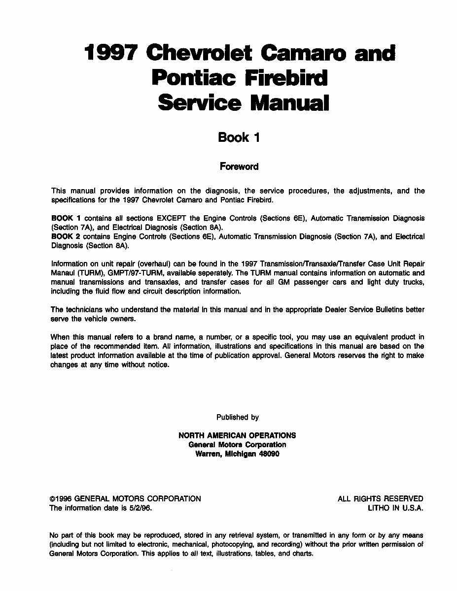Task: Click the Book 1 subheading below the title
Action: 239,137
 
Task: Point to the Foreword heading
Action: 239,166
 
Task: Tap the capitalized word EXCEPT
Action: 171,218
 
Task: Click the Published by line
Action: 237,417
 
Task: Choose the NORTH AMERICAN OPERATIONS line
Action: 237,435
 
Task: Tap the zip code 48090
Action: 269,454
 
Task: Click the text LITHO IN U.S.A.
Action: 395,508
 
